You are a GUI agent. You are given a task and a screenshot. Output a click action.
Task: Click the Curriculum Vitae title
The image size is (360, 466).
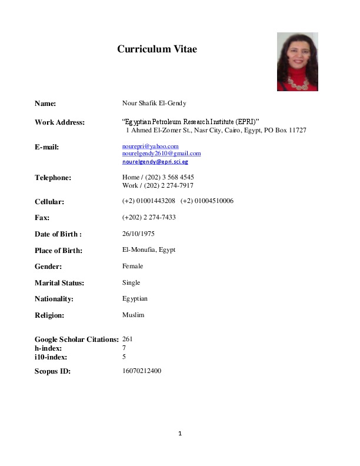[157, 49]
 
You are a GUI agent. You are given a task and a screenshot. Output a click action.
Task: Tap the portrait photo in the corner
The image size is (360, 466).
[297, 62]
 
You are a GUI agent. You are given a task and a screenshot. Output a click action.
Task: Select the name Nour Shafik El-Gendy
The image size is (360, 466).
[154, 104]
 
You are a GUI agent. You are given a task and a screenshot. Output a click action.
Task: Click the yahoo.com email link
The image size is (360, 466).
[150, 146]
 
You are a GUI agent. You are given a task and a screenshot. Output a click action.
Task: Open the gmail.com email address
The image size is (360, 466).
[161, 154]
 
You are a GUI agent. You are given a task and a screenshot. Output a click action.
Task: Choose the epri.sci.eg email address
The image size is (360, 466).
[155, 161]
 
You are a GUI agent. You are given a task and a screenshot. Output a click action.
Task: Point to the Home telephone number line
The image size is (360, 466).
[158, 177]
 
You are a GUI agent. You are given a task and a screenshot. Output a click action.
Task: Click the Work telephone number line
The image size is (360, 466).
[158, 185]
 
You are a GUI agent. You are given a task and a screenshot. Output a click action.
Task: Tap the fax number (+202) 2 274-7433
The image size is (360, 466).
[149, 218]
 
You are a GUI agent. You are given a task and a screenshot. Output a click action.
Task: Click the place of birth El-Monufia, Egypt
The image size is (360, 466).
[148, 250]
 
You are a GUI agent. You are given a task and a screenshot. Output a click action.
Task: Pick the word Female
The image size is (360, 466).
[132, 267]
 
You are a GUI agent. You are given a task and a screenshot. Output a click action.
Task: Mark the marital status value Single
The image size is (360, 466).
[131, 282]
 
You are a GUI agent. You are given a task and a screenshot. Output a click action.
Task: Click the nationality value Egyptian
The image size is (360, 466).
[135, 299]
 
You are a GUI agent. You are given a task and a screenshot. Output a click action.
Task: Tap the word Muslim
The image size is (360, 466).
[133, 315]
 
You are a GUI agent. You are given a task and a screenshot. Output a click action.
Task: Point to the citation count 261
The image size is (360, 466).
[127, 339]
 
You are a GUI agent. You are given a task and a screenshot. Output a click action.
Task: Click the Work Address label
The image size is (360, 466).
[59, 122]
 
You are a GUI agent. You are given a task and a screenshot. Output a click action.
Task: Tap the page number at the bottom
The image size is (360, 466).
[181, 434]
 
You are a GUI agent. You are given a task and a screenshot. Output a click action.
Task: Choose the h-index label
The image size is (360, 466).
[48, 348]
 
